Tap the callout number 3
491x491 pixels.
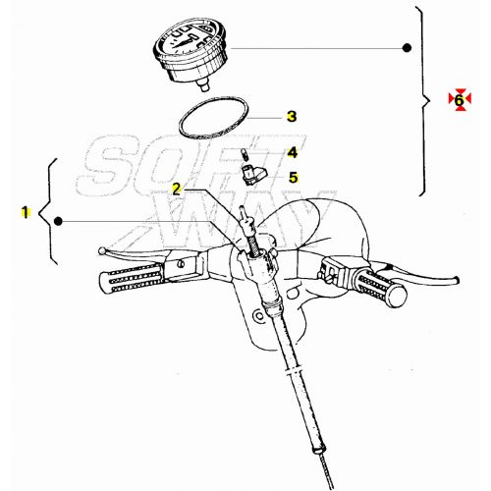click(291, 116)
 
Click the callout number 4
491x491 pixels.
click(291, 153)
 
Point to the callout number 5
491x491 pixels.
click(291, 178)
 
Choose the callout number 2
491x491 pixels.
click(177, 188)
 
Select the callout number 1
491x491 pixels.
click(26, 211)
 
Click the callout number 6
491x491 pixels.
click(458, 99)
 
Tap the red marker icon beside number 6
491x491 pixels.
click(458, 99)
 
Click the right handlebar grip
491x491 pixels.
click(377, 288)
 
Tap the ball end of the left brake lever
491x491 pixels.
click(103, 250)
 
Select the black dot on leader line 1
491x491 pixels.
click(60, 222)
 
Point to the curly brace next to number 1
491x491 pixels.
click(46, 211)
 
